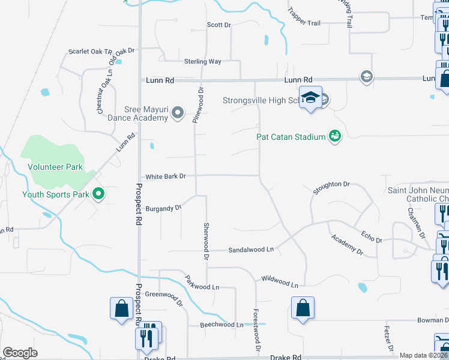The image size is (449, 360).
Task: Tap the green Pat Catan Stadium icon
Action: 335,136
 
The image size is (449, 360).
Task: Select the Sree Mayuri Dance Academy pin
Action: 178,113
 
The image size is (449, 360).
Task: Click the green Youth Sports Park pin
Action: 99,194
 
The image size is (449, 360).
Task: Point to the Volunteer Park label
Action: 55,167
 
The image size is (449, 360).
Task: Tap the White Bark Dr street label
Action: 166,176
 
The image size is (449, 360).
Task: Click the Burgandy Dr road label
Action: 163,209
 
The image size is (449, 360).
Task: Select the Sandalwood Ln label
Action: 251,249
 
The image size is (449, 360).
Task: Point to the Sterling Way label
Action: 203,61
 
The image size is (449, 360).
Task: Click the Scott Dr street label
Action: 218,25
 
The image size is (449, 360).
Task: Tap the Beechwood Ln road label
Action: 223,325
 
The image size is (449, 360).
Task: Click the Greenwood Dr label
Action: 163,296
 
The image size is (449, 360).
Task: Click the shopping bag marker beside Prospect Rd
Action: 121,308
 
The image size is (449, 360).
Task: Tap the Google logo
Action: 20,353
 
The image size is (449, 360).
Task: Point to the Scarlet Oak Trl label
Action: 91,52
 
